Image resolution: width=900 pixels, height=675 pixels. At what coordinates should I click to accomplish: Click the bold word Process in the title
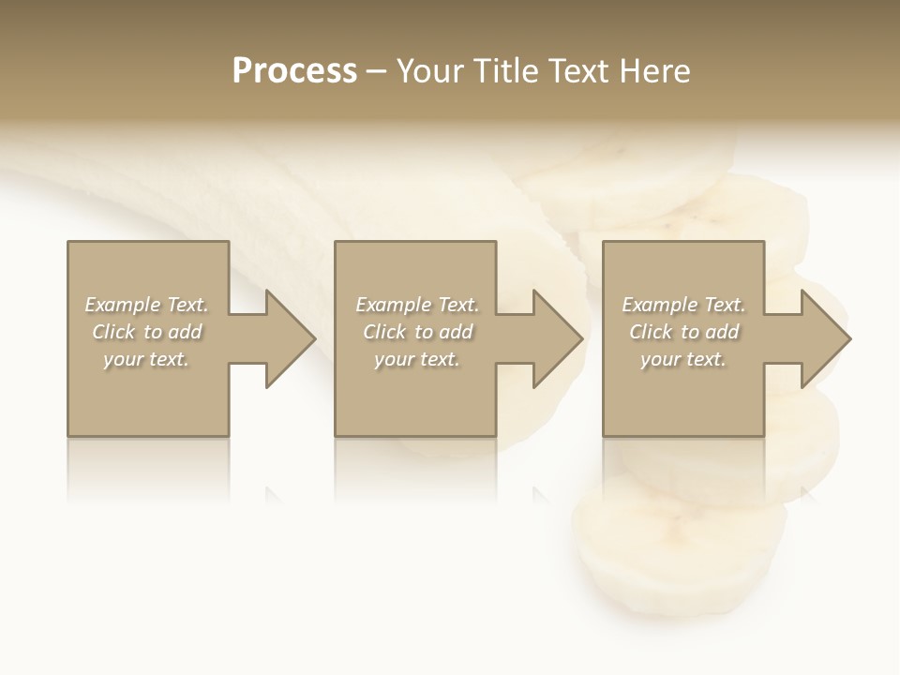coord(294,71)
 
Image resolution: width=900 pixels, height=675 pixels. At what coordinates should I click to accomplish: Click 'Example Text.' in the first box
coord(147,305)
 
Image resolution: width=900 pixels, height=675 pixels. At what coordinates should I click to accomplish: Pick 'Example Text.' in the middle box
coord(417,305)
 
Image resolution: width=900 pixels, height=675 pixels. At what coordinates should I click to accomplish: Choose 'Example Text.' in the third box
coord(683,305)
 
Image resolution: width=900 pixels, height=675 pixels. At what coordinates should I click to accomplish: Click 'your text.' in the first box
coord(146,359)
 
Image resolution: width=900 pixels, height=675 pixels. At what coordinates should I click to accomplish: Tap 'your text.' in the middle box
coord(416,359)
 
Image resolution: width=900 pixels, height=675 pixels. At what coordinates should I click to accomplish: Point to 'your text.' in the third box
coord(682,359)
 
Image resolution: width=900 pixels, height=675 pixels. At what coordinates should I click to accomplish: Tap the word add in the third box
coord(721,332)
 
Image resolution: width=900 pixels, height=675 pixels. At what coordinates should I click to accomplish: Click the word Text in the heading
coord(577,71)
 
